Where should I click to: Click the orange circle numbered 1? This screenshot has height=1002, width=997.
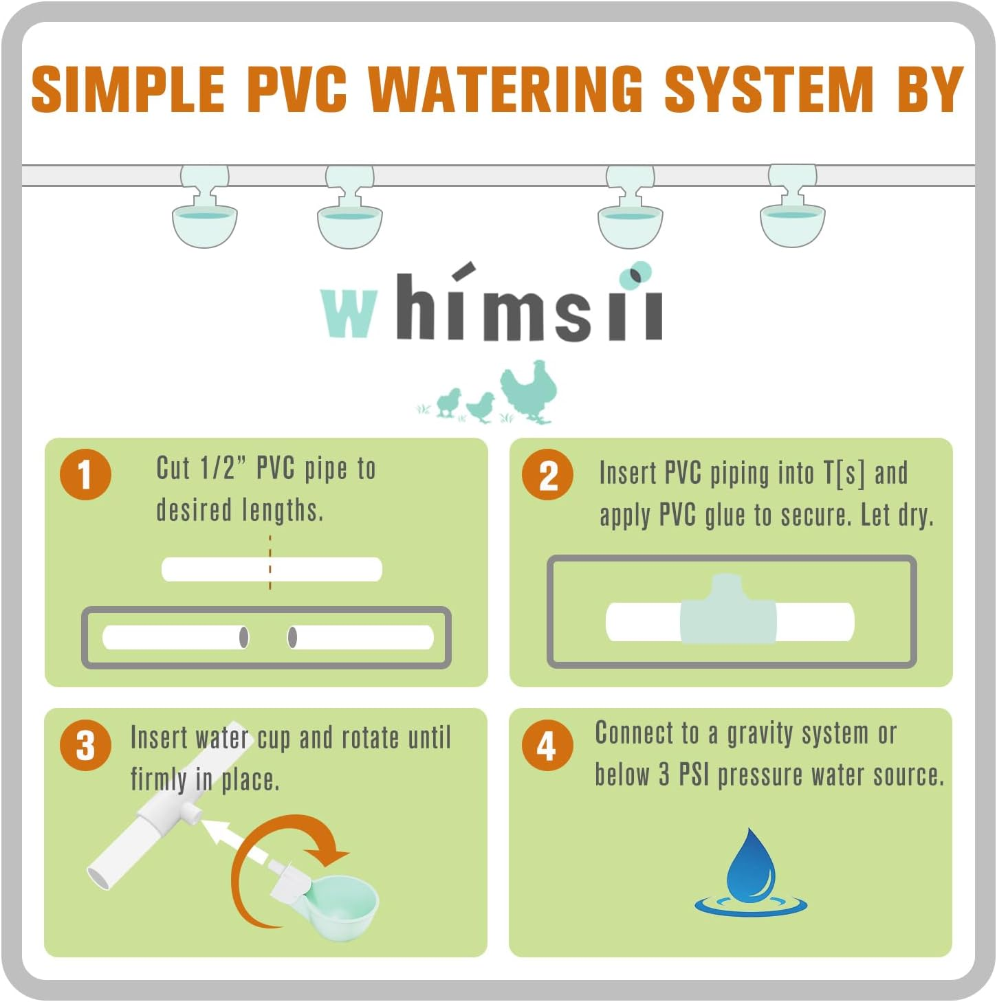click(x=85, y=474)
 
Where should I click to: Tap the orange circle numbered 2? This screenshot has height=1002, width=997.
click(x=547, y=474)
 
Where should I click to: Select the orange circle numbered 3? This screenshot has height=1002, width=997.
click(x=85, y=745)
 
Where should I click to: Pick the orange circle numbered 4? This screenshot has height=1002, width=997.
click(x=547, y=745)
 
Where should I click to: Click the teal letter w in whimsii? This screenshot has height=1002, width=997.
click(x=349, y=313)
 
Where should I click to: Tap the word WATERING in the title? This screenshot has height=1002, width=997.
click(x=505, y=89)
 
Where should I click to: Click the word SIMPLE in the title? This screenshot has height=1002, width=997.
click(x=129, y=89)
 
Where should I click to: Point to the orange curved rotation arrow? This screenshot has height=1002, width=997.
click(x=275, y=866)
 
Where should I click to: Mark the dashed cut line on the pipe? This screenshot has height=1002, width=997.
click(x=270, y=562)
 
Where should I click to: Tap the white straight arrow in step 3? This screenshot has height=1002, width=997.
click(x=234, y=838)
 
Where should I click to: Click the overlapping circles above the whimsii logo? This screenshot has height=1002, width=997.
click(x=635, y=275)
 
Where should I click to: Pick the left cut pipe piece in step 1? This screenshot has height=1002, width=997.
click(x=175, y=637)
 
